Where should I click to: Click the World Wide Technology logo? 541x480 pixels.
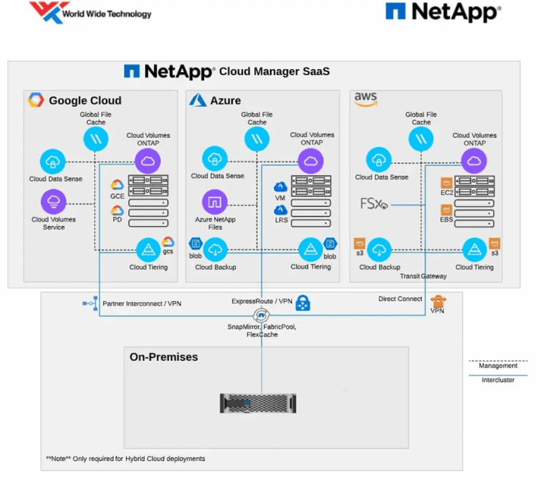[89, 13]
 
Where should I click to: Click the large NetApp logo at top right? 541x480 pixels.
[443, 12]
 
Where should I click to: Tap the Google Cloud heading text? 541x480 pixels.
[85, 101]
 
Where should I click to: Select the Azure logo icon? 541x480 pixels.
[197, 101]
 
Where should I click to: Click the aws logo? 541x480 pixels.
[365, 100]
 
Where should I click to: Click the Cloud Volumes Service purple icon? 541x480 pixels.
[54, 202]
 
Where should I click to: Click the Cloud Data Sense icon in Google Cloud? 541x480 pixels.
[54, 161]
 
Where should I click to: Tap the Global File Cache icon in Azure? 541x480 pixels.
[257, 139]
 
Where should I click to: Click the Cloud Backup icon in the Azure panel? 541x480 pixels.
[216, 248]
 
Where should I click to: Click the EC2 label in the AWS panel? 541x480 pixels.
[446, 192]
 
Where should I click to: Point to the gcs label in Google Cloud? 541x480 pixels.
[168, 251]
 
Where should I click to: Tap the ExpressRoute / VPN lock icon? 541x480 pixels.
[303, 303]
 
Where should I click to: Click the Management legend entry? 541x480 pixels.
[498, 365]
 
